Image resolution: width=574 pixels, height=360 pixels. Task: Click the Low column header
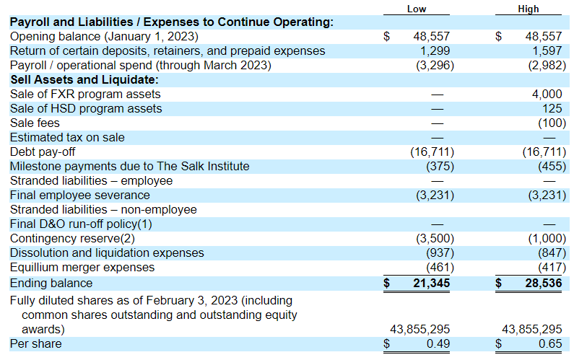[417, 9]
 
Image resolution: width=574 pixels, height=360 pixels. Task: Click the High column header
[529, 9]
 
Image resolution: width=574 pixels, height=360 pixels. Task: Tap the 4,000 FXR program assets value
[547, 95]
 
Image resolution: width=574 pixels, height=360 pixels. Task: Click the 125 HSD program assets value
[552, 109]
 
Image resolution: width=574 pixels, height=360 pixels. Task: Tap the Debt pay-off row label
[43, 152]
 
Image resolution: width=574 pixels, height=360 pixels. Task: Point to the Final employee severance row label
[80, 196]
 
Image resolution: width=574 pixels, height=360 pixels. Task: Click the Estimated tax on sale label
[67, 138]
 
